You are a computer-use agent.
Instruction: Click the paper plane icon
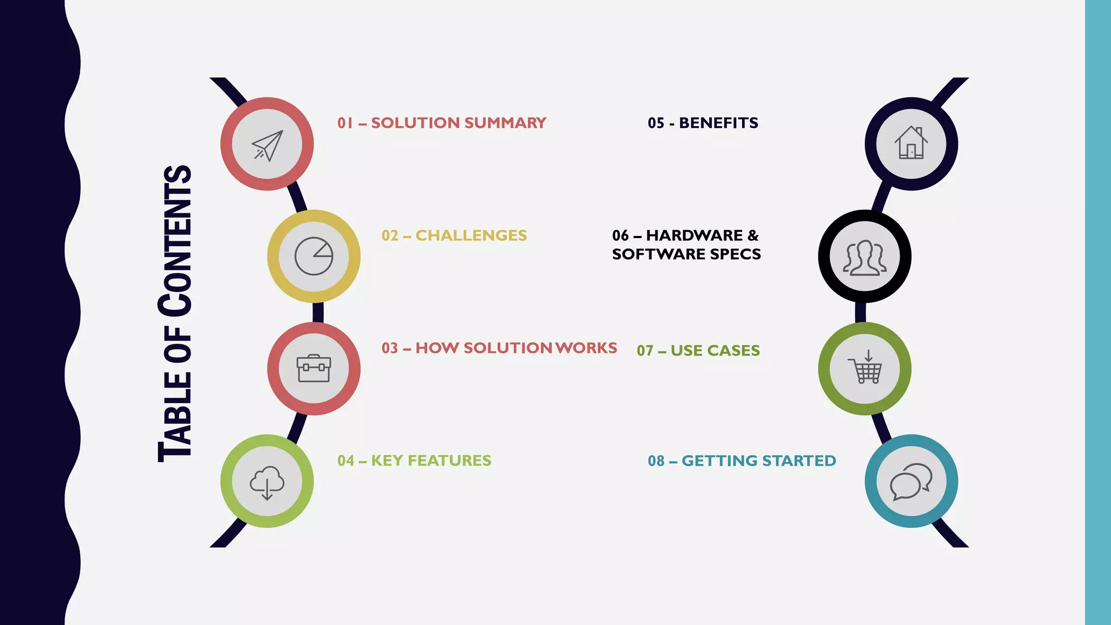point(267,145)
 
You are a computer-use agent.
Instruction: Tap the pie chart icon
point(314,256)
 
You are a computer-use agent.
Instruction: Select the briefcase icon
point(314,368)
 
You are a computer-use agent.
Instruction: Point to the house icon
point(911,143)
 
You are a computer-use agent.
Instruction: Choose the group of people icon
point(865,257)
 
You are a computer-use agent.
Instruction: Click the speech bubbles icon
point(911,481)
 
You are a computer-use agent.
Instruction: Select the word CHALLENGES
point(471,235)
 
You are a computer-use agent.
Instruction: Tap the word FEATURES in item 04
point(449,461)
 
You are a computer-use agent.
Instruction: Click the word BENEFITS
point(718,123)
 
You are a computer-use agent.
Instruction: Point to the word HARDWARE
point(694,235)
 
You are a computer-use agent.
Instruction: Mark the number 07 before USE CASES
point(645,351)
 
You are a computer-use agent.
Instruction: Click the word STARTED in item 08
point(799,461)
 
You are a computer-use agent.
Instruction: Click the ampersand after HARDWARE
point(753,235)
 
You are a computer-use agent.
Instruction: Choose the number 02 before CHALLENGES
point(390,235)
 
